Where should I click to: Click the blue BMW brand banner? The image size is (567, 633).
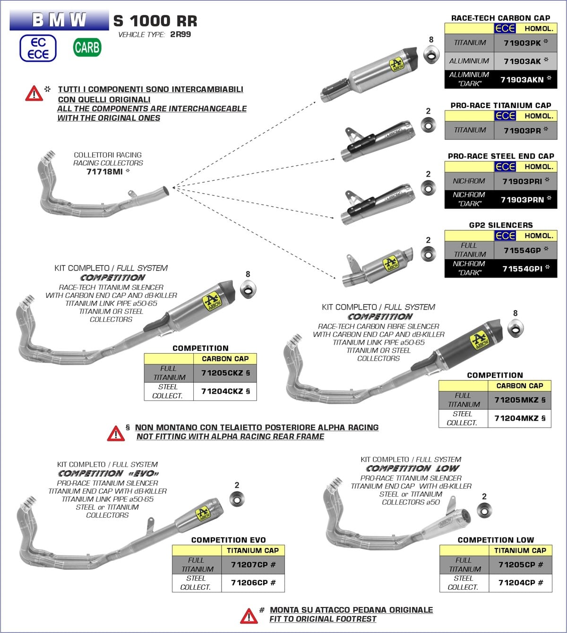[x=59, y=20]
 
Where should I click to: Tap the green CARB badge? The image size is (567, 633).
[x=87, y=48]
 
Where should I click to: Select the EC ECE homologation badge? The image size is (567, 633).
[x=38, y=48]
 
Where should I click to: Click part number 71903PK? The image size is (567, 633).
[x=522, y=43]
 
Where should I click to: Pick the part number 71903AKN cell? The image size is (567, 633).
[x=522, y=80]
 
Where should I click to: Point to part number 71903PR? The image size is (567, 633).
[x=522, y=131]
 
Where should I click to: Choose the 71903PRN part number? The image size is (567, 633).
[x=522, y=200]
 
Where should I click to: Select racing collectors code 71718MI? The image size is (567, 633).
[x=104, y=172]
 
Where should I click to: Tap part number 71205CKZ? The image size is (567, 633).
[x=222, y=373]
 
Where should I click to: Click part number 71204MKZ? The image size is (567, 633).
[x=516, y=418]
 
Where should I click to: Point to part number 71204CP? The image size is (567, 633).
[x=517, y=583]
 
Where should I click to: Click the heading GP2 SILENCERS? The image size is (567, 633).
[x=500, y=225]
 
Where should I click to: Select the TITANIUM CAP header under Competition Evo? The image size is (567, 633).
[x=252, y=550]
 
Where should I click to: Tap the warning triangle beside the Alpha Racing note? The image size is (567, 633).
[x=116, y=433]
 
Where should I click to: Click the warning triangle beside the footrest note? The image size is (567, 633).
[x=249, y=616]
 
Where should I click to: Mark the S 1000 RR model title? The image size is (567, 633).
[x=155, y=21]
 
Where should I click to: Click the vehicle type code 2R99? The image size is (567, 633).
[x=180, y=34]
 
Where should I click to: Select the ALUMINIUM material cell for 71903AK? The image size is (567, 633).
[x=469, y=61]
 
